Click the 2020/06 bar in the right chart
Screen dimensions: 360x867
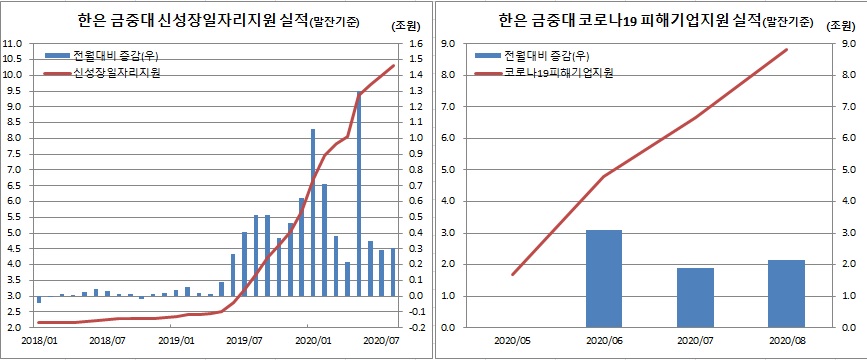pos(604,278)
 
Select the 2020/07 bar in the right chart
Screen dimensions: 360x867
pos(695,297)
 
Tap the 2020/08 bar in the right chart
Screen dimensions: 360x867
pos(786,293)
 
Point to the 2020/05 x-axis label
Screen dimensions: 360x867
pos(512,340)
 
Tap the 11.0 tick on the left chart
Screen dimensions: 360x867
pos(13,44)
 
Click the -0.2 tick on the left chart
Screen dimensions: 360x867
pos(417,328)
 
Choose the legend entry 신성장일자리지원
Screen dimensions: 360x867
pos(118,74)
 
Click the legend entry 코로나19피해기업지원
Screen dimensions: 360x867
pos(559,73)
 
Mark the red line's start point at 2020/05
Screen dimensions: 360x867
pos(512,274)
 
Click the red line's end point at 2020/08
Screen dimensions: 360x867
pos(787,50)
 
